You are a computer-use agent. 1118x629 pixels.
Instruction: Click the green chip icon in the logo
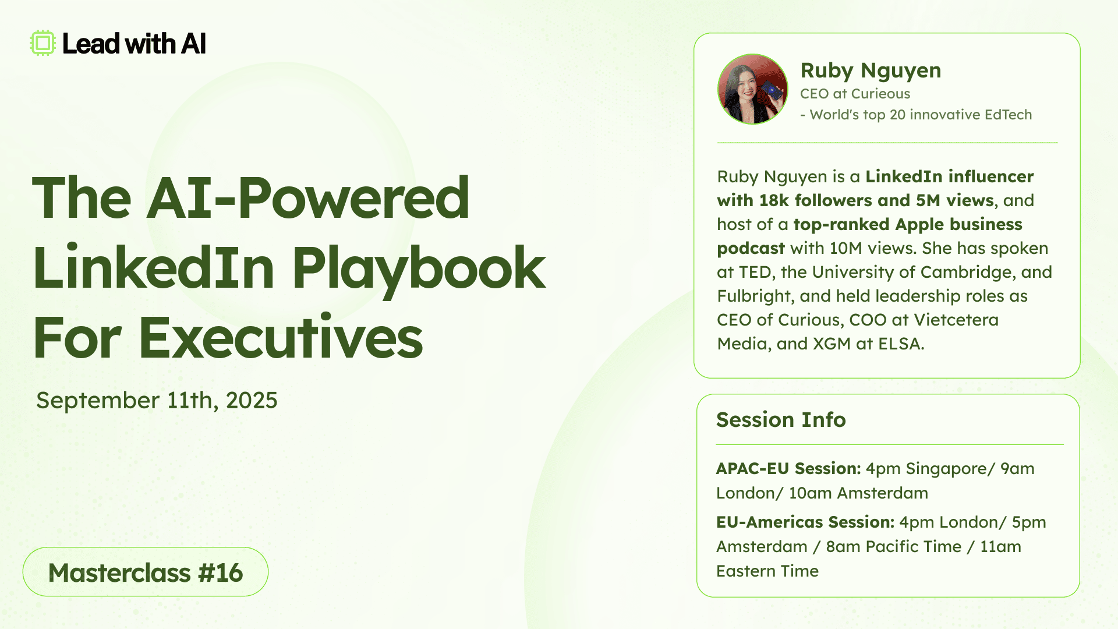pos(43,43)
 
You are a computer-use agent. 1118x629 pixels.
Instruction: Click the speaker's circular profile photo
pos(753,89)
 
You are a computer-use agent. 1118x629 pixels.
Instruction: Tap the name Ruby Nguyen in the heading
pos(871,70)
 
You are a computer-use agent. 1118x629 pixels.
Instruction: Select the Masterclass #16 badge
pos(146,572)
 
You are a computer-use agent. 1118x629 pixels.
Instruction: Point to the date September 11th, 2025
pos(157,400)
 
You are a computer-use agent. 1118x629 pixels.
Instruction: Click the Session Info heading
pos(781,419)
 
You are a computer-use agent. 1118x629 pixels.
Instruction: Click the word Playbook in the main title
pos(419,269)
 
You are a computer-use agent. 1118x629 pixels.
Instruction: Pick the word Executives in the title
pos(281,338)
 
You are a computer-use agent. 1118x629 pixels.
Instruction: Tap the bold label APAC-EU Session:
pos(788,468)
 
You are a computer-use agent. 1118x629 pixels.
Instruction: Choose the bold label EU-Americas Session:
pos(805,522)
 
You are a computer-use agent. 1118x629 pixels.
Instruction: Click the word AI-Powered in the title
pos(308,198)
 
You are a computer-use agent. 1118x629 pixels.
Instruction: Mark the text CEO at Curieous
pos(855,94)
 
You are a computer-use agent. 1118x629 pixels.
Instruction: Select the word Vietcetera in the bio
pos(956,320)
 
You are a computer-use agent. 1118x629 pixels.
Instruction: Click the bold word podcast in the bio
pos(751,249)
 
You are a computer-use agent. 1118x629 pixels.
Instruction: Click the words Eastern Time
pos(767,571)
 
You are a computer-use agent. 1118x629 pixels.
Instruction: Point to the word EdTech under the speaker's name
pos(1008,115)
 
